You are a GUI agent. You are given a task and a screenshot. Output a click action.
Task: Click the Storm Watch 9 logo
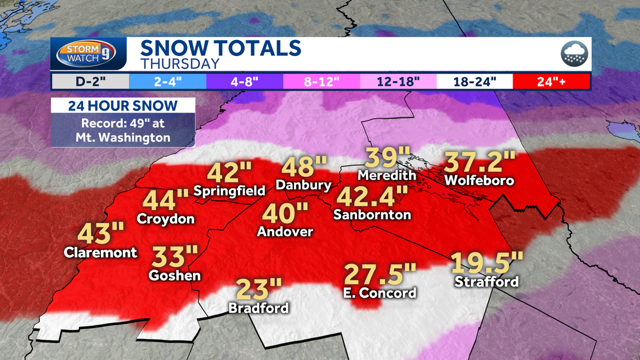coord(89,54)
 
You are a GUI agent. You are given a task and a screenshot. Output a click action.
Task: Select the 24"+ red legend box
coord(551,82)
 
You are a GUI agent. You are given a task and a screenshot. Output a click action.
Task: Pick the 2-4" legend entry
coord(167,82)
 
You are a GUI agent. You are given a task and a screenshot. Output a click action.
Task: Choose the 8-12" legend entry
coord(321,82)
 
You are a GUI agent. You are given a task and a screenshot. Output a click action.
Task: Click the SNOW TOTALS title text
coord(220,48)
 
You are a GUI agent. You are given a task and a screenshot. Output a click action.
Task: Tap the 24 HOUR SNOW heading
coord(123,105)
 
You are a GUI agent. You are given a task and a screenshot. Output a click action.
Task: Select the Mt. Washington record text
coord(123,130)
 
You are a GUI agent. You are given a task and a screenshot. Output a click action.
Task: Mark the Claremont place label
coord(100,252)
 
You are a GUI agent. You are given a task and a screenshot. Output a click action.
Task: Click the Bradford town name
coord(258,308)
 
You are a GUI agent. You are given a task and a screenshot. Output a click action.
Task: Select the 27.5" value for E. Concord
coord(379,274)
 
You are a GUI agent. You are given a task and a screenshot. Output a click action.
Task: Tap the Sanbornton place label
coord(372,214)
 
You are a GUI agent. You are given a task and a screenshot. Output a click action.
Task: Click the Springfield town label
coord(229,190)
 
